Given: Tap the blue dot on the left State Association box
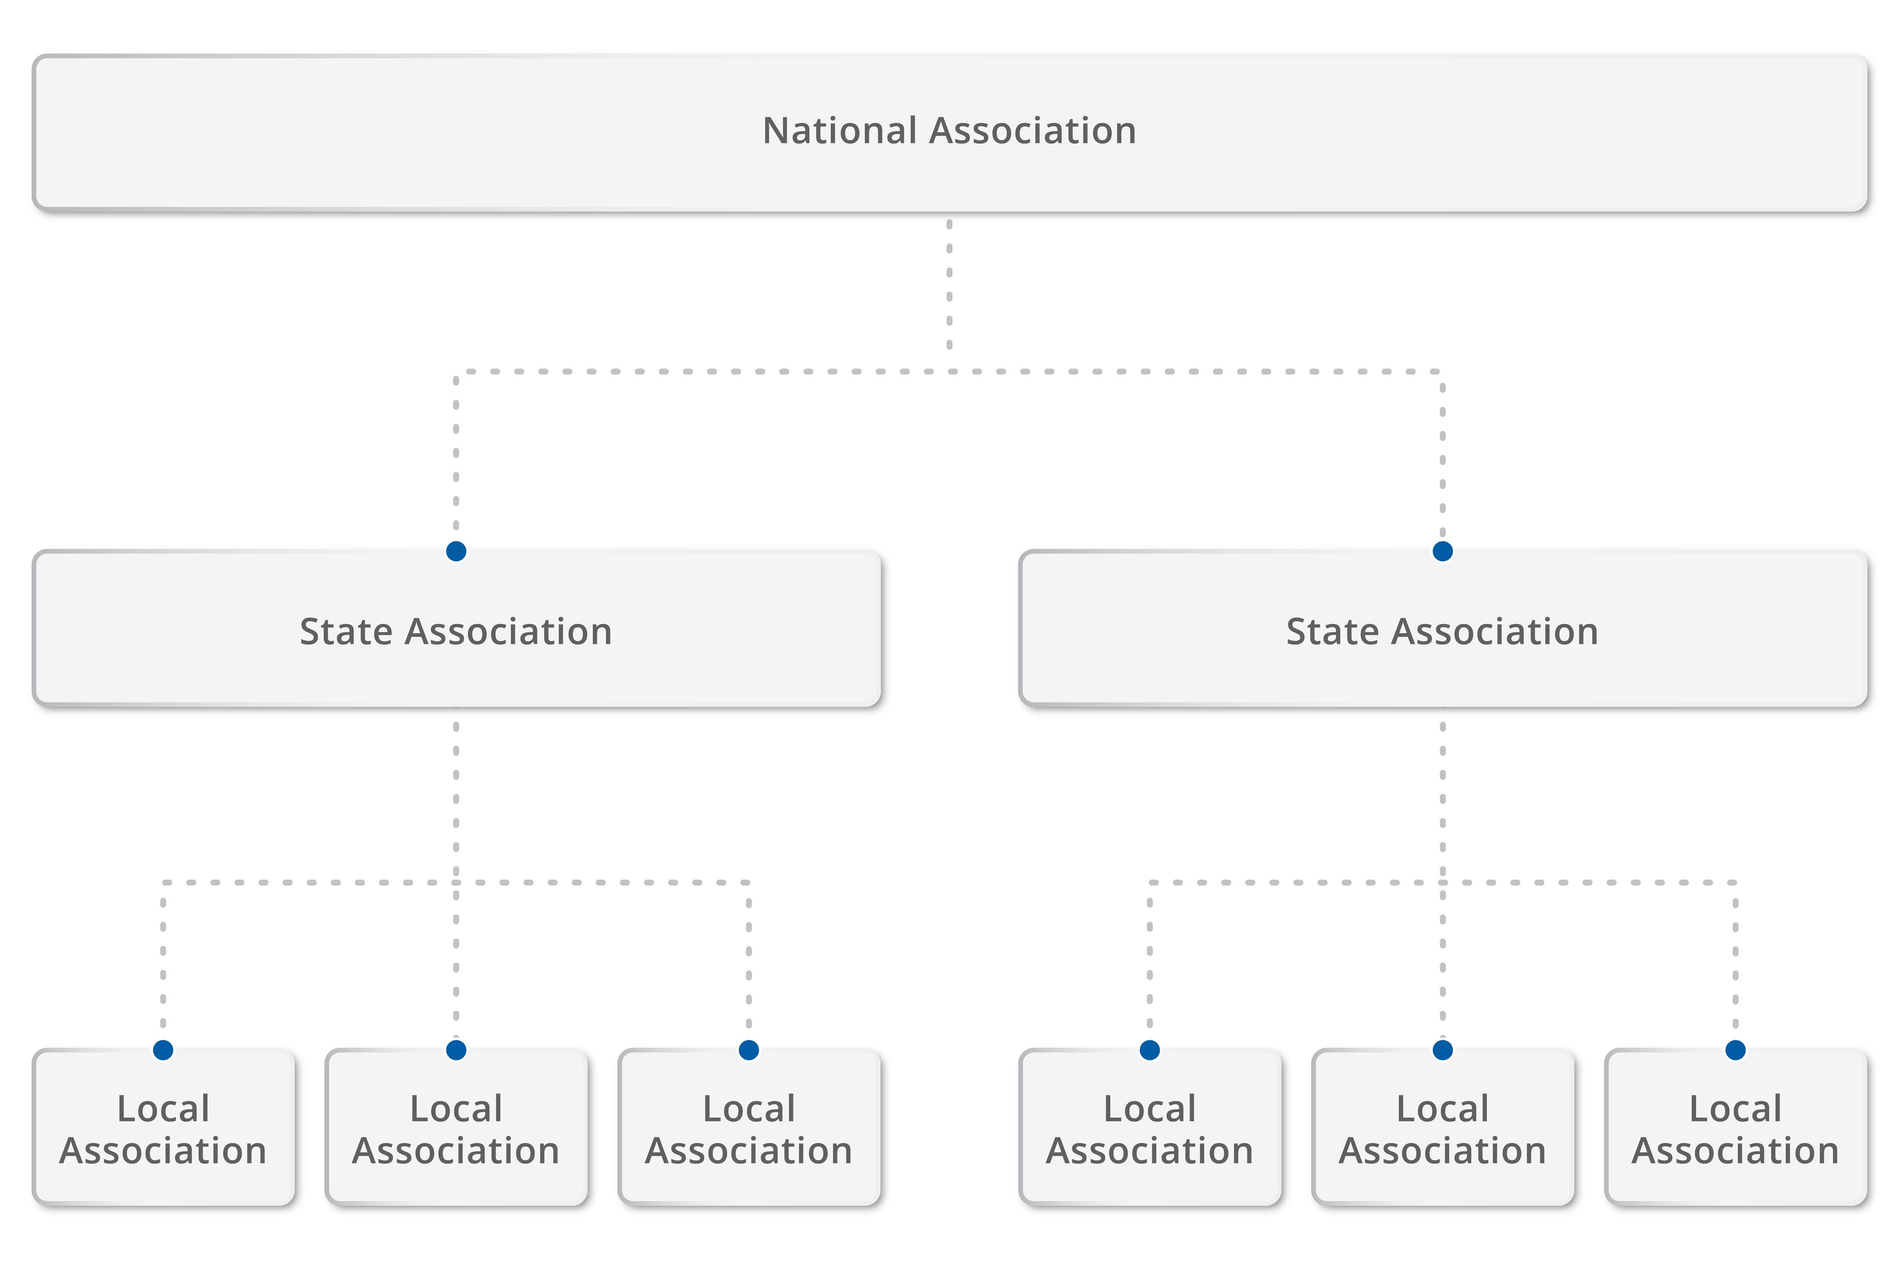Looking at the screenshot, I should (x=456, y=551).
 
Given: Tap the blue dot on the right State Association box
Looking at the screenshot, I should (x=1442, y=551).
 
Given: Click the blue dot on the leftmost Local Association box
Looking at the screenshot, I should (x=163, y=1050).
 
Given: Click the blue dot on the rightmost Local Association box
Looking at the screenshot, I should (x=1735, y=1050).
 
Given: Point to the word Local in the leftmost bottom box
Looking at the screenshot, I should (x=163, y=1109).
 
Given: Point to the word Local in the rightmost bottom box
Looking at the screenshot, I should (x=1735, y=1109).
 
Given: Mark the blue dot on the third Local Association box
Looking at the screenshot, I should (x=749, y=1050).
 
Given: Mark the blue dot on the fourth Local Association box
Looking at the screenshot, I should (x=1149, y=1050).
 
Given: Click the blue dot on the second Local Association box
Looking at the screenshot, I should (x=456, y=1050).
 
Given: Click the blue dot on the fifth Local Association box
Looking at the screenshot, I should (x=1442, y=1050).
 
